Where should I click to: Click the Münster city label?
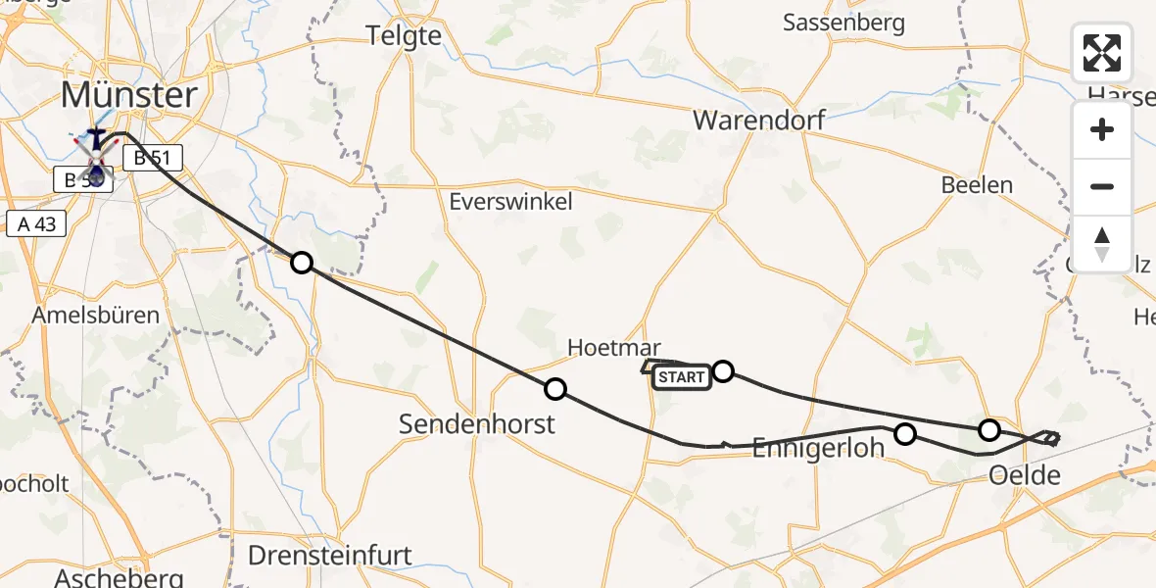pyautogui.click(x=129, y=96)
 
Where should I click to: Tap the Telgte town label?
pyautogui.click(x=404, y=35)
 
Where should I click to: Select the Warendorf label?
pyautogui.click(x=758, y=121)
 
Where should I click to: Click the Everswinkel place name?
pyautogui.click(x=510, y=202)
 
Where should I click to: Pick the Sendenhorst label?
pyautogui.click(x=477, y=423)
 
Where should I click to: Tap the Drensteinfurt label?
pyautogui.click(x=329, y=556)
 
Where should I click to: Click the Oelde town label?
pyautogui.click(x=1025, y=476)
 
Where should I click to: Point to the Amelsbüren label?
pyautogui.click(x=96, y=316)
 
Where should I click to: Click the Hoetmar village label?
pyautogui.click(x=614, y=348)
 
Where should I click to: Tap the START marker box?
pyautogui.click(x=682, y=377)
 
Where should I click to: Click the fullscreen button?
pyautogui.click(x=1102, y=53)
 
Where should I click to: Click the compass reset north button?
pyautogui.click(x=1102, y=244)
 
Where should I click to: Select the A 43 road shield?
pyautogui.click(x=35, y=223)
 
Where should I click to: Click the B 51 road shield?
pyautogui.click(x=152, y=157)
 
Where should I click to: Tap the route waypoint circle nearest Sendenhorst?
pyautogui.click(x=555, y=389)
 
